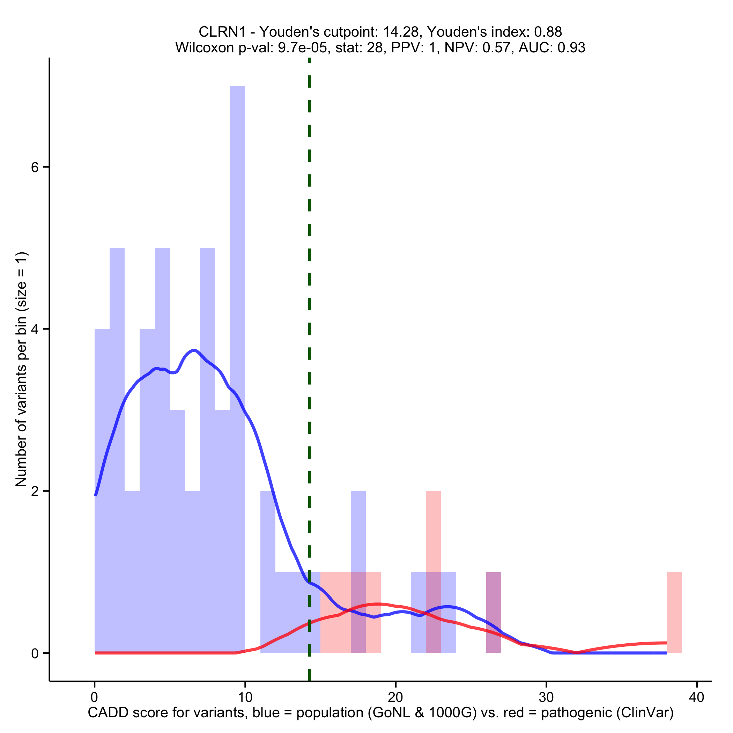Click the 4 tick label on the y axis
(x=35, y=329)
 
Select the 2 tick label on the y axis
(x=35, y=491)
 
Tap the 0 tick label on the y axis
(x=35, y=653)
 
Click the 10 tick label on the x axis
(x=245, y=697)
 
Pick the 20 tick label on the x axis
(x=396, y=697)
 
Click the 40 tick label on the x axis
(x=697, y=697)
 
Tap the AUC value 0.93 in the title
(x=571, y=47)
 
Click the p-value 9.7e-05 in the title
(x=303, y=47)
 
